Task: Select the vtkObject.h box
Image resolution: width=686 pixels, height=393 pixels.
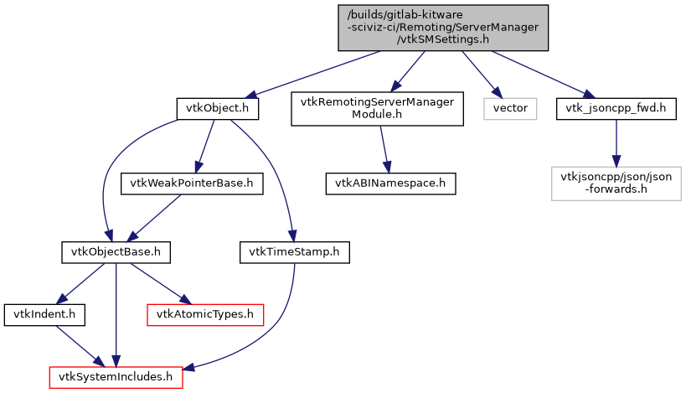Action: click(x=217, y=108)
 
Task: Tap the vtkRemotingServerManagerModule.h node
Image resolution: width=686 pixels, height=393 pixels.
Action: click(x=377, y=108)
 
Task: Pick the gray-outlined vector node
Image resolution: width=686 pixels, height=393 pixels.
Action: click(x=510, y=108)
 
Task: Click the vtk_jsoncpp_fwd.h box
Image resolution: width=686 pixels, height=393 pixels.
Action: click(x=616, y=108)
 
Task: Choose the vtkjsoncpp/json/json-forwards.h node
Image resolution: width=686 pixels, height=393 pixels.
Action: click(x=616, y=183)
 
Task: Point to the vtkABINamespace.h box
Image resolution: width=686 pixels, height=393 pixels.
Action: click(x=391, y=183)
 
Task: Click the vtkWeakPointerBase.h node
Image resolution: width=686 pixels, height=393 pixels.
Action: click(x=187, y=183)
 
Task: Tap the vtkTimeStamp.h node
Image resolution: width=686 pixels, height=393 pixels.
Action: click(x=295, y=251)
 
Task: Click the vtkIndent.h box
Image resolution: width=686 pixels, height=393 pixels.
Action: click(x=34, y=314)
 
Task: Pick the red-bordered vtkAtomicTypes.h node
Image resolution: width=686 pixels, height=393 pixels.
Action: click(x=205, y=314)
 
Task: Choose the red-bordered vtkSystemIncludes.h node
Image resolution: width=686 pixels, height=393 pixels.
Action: click(x=116, y=377)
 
